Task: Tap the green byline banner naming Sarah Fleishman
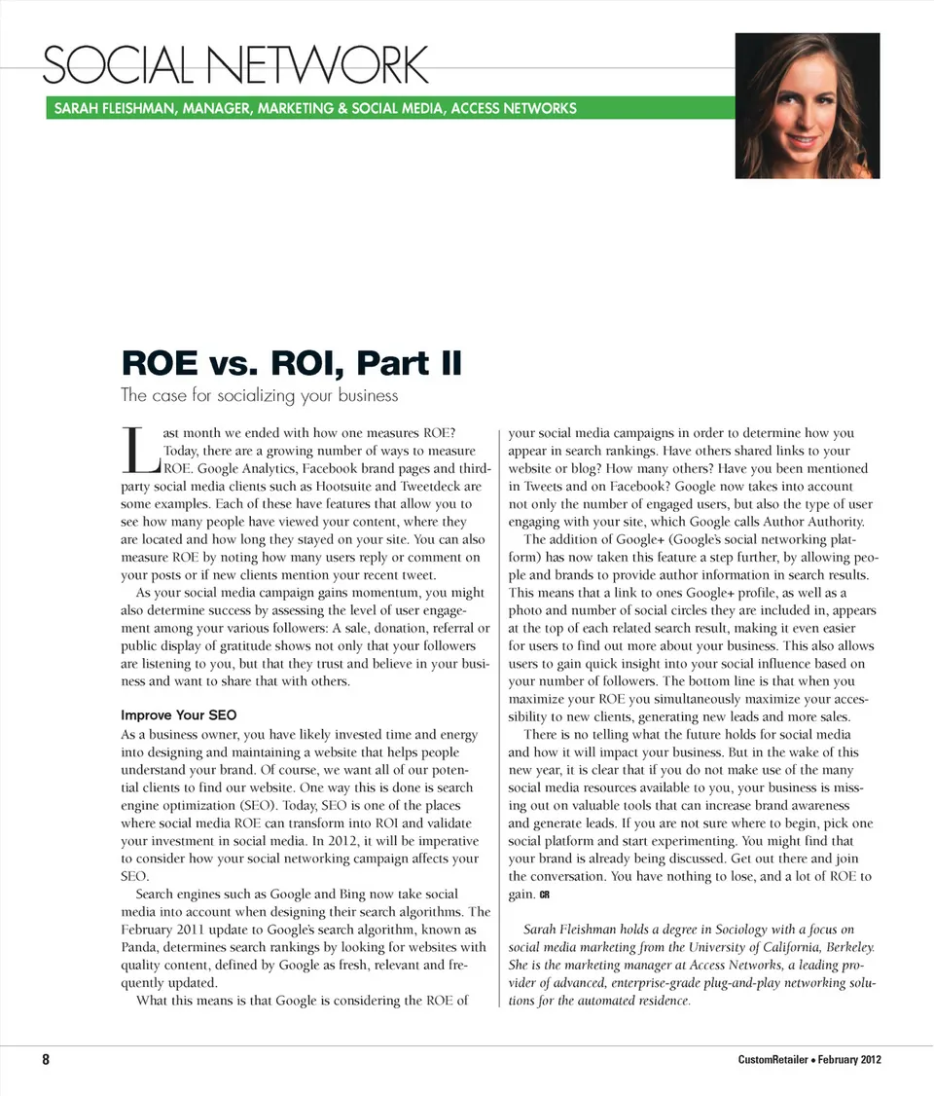click(x=311, y=108)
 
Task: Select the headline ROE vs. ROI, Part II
click(x=291, y=363)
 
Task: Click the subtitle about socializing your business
click(x=259, y=395)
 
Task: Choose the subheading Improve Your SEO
click(x=178, y=715)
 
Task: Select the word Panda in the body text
click(x=141, y=947)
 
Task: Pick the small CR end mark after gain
click(x=545, y=895)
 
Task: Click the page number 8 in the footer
click(x=45, y=1060)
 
